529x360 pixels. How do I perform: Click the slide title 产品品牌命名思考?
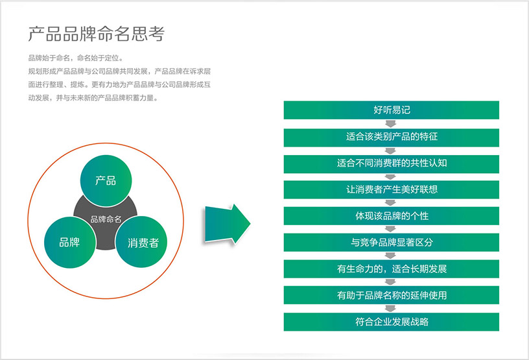[96, 34]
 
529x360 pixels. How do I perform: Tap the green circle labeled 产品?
[106, 181]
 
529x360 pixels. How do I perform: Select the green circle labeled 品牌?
[70, 242]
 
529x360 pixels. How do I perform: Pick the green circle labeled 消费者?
[141, 242]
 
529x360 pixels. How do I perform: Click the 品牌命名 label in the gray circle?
[106, 219]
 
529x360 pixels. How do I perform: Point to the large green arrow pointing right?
[227, 224]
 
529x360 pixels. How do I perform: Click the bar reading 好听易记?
[392, 110]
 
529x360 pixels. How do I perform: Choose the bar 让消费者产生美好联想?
[392, 190]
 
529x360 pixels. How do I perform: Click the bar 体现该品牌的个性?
[392, 216]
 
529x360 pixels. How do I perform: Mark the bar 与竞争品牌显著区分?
[392, 243]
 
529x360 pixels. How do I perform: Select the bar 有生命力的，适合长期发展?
[392, 269]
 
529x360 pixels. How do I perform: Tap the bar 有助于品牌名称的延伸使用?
[392, 295]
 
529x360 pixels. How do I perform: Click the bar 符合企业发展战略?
[392, 322]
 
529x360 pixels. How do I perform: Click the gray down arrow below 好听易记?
[390, 124]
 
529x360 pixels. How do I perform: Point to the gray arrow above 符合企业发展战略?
[390, 308]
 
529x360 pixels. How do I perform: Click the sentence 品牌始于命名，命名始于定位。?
[76, 58]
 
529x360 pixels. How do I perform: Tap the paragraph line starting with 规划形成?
[119, 71]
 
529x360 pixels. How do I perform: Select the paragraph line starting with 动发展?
[93, 98]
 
